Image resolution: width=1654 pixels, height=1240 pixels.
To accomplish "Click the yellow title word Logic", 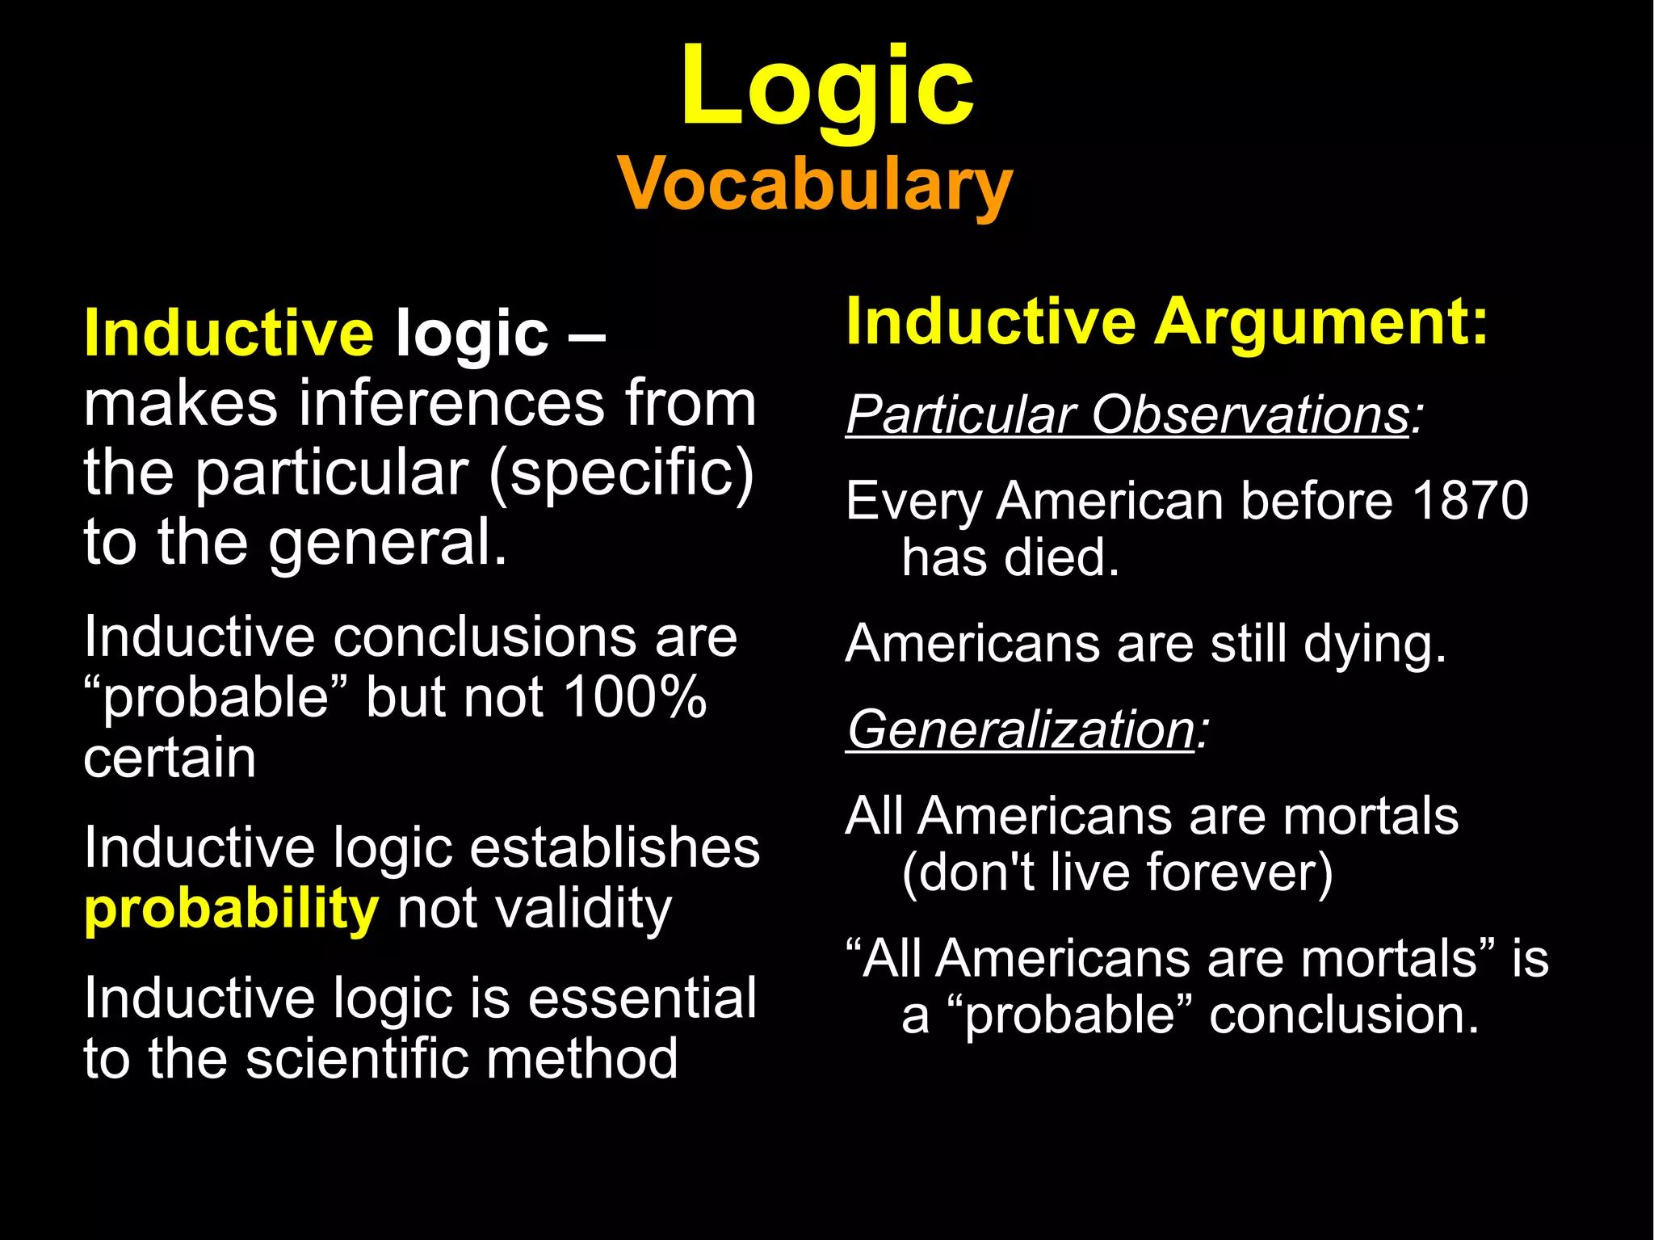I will pyautogui.click(x=827, y=87).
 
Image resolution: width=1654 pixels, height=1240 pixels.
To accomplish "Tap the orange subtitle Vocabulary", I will pyautogui.click(x=815, y=185).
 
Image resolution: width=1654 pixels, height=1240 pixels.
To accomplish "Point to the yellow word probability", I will pyautogui.click(x=231, y=910).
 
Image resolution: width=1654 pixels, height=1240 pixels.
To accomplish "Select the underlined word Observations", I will pyautogui.click(x=1249, y=415).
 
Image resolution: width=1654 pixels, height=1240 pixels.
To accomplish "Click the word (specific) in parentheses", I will pyautogui.click(x=621, y=473).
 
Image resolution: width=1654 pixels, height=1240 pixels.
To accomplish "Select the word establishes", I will pyautogui.click(x=615, y=848).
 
